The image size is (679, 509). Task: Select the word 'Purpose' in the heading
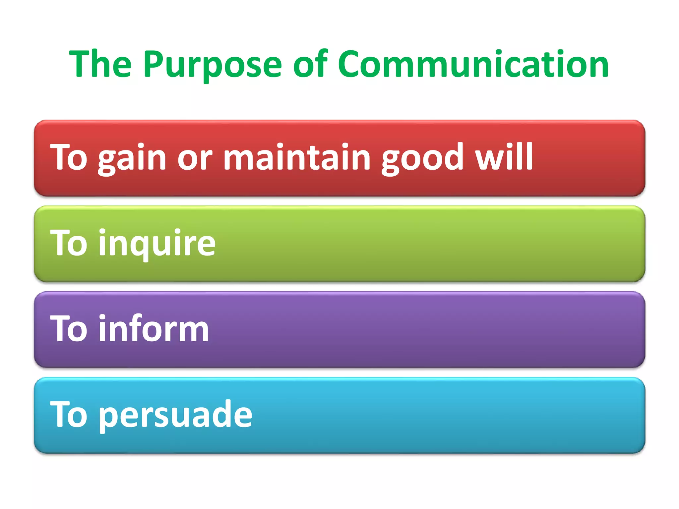click(212, 65)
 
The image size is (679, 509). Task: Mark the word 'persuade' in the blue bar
click(175, 415)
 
